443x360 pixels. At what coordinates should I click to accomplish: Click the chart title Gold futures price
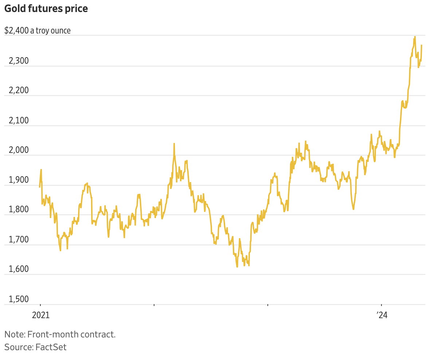46,9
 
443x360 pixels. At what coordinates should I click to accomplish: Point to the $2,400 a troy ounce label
38,31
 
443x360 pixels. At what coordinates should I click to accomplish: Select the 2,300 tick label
19,61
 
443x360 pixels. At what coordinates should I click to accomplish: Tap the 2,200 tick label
19,91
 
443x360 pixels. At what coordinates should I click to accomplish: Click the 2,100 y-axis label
19,120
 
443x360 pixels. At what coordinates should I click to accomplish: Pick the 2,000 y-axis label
19,150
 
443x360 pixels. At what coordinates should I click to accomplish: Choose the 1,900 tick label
19,180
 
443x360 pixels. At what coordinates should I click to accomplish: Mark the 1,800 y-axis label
19,210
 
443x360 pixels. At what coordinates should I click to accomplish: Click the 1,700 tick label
19,240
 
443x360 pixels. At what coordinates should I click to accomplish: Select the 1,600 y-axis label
19,270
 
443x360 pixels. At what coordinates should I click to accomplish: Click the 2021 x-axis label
40,315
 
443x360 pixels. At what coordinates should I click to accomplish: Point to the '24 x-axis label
381,315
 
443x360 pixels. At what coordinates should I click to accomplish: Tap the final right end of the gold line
422,46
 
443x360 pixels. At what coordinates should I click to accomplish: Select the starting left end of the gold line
40,187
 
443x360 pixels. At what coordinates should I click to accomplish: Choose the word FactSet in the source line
51,347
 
